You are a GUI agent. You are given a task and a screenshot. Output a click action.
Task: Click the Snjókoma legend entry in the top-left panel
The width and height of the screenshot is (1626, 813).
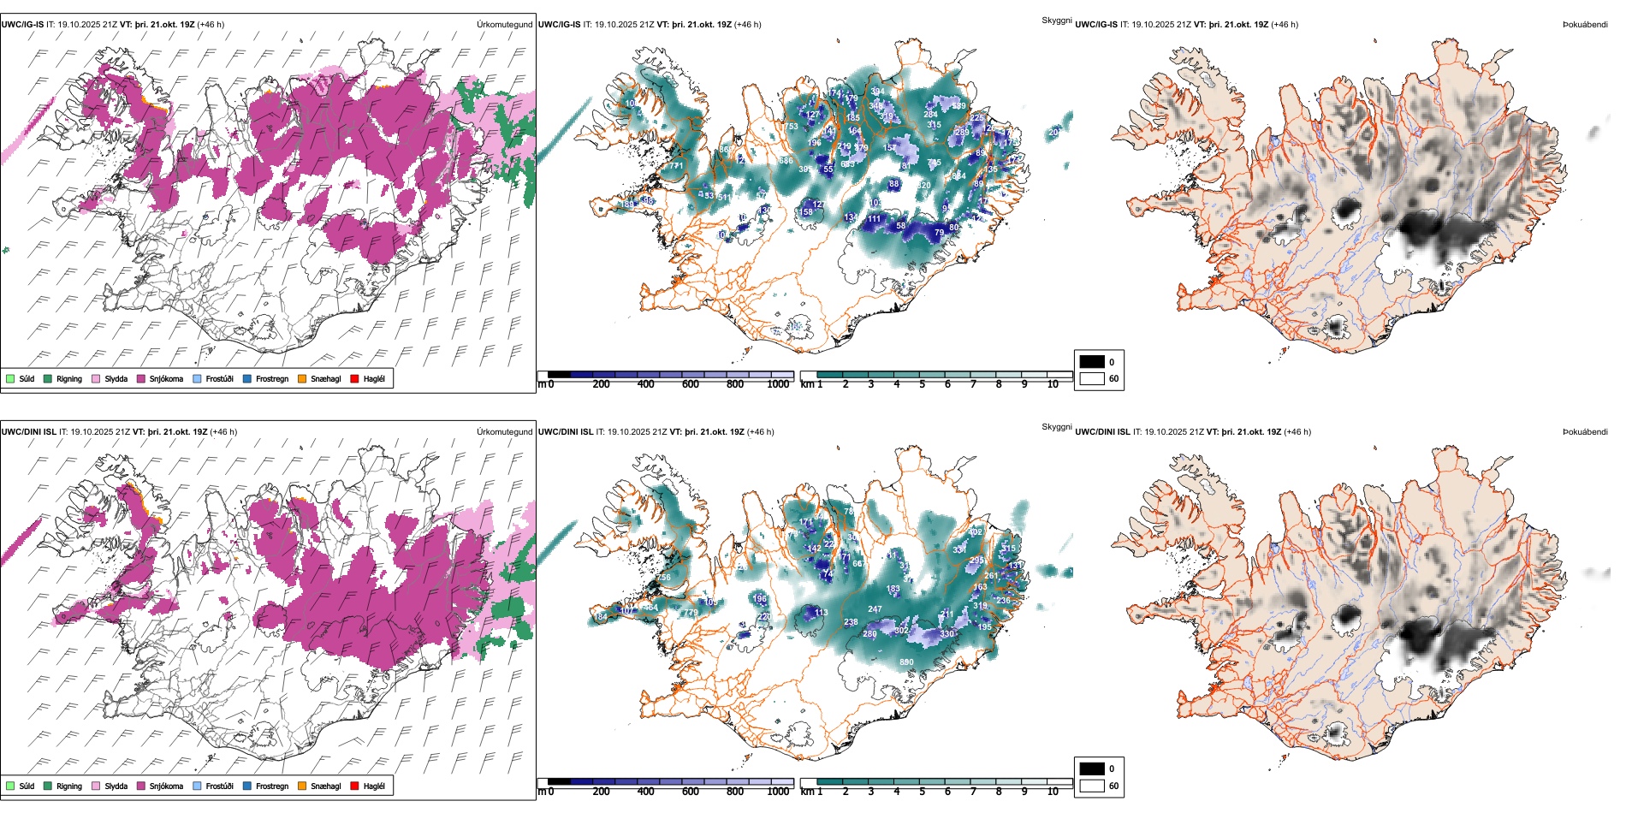pos(165,379)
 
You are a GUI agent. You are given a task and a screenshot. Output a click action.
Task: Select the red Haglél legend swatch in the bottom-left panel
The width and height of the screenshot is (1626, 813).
pos(354,786)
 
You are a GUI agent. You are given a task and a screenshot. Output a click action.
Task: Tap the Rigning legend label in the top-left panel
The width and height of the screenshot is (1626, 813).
pos(69,379)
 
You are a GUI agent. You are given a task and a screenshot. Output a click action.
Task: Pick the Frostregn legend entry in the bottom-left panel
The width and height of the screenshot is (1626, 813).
pos(271,786)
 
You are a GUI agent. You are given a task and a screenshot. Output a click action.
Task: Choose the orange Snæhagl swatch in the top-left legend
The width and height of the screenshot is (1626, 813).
pos(303,378)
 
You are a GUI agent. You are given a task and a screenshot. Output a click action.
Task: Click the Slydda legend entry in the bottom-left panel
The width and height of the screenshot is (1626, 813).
pos(116,786)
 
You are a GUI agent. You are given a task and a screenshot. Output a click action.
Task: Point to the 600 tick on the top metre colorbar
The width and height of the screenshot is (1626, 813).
pos(690,384)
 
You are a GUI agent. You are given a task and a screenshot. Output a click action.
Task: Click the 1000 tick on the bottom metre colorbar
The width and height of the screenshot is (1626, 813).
pos(778,792)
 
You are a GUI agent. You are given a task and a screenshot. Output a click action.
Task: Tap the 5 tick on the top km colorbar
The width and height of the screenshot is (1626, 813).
pos(922,384)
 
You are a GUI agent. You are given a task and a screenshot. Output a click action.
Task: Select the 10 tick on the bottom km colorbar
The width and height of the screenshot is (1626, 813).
pos(1053,792)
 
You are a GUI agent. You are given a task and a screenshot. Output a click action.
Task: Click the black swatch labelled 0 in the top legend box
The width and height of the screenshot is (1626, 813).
pos(1092,362)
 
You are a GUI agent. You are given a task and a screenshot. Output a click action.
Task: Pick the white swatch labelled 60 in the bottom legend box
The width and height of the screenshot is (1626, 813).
pos(1092,786)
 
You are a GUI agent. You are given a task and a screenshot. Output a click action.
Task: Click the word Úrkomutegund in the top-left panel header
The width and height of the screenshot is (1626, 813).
pos(504,25)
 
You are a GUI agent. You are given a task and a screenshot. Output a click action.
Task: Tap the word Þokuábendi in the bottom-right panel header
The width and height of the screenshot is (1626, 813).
pos(1585,432)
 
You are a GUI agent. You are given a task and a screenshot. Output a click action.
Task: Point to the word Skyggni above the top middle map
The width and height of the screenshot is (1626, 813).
pos(1056,20)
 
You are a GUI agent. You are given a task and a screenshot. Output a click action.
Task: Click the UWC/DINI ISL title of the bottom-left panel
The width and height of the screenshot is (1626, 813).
pos(28,432)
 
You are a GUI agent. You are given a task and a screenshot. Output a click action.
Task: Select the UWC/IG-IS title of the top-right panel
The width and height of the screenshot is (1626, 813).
pos(1096,25)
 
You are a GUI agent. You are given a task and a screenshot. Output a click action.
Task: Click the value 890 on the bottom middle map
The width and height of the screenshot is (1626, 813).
pos(906,662)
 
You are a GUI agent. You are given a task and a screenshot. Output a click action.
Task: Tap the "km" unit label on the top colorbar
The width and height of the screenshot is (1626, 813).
pos(806,384)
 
